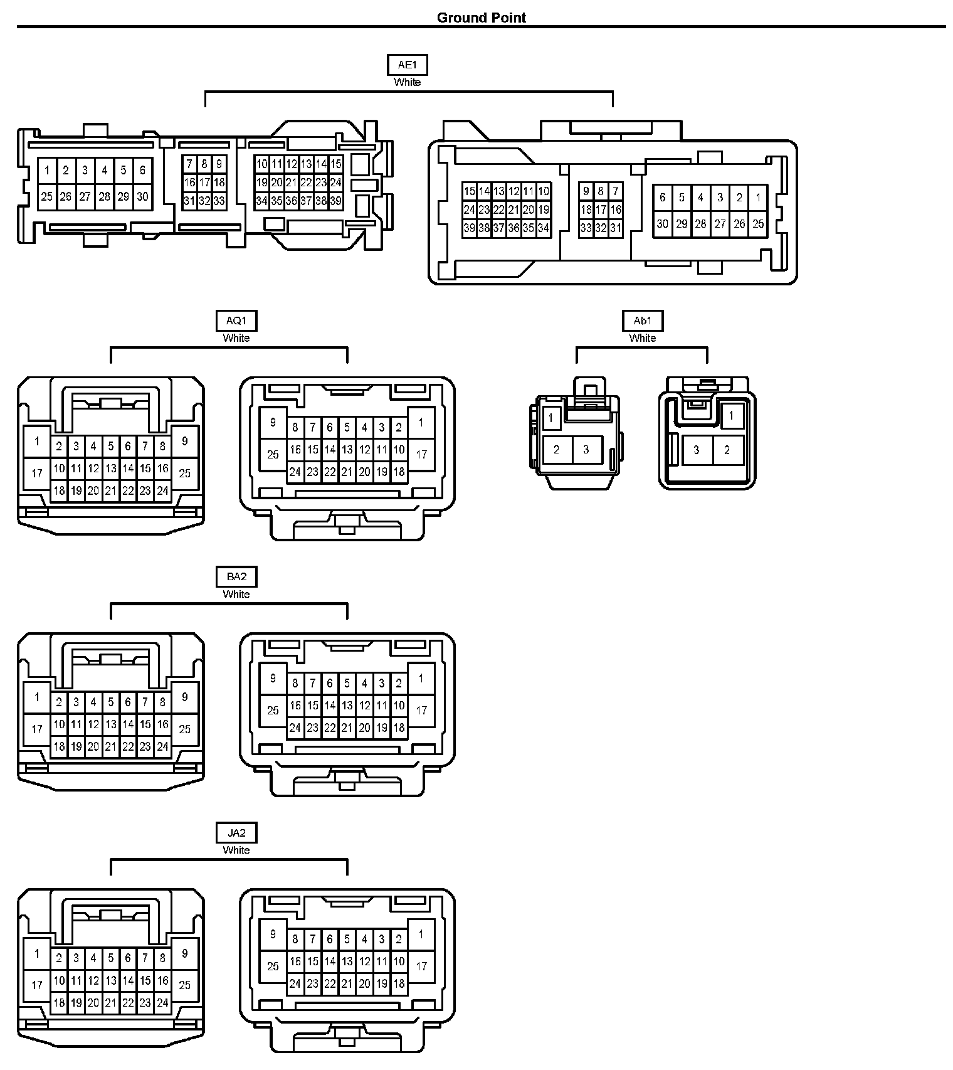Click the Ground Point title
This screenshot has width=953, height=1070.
[x=482, y=18]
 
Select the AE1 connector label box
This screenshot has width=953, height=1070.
[x=407, y=65]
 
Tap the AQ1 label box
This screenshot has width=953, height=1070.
[x=236, y=320]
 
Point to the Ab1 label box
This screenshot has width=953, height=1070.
[x=643, y=320]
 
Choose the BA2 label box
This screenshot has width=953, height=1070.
[x=236, y=576]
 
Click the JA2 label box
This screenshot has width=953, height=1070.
[x=236, y=833]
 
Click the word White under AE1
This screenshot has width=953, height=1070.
[x=407, y=82]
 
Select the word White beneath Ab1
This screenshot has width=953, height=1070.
[x=643, y=338]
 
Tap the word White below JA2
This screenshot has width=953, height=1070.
[x=236, y=850]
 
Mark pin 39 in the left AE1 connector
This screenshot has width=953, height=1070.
[x=336, y=201]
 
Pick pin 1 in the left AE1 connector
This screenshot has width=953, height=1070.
[x=47, y=170]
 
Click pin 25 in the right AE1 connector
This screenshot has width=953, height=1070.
[x=758, y=224]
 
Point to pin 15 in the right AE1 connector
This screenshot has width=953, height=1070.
[x=469, y=191]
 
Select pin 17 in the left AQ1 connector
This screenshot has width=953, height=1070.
[x=37, y=473]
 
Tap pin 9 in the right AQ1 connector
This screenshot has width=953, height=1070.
[x=273, y=422]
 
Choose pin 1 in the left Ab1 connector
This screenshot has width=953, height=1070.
[x=551, y=418]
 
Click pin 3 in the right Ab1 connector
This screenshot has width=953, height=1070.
[x=697, y=450]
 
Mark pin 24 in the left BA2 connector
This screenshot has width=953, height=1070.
[x=162, y=746]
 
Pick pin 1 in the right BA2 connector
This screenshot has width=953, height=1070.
[x=421, y=678]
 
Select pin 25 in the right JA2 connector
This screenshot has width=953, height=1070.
[x=273, y=967]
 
